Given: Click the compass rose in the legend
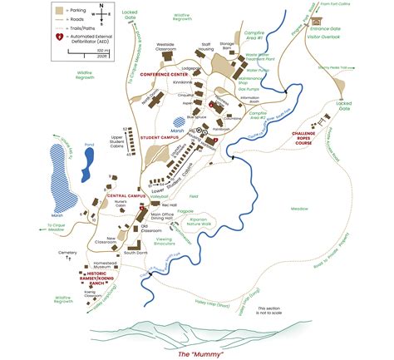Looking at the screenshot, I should tap(100, 12).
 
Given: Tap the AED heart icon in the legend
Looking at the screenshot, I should tap(58, 38).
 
